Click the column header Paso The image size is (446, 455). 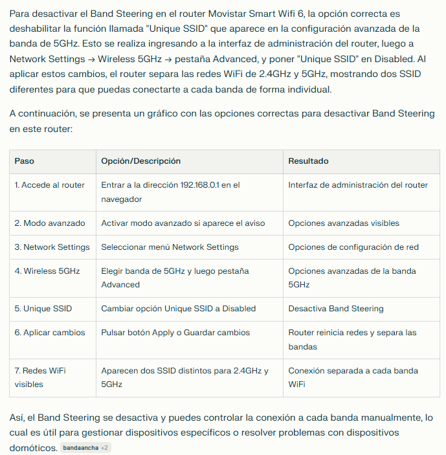coord(25,161)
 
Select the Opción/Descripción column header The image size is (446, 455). coord(140,161)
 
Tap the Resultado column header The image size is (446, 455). coord(308,161)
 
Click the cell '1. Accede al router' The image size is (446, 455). coord(50,185)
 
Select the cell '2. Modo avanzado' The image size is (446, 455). coord(50,223)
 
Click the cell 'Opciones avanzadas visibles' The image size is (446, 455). coord(344,223)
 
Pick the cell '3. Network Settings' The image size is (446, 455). coord(52,247)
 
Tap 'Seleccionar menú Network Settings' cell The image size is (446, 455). coord(170,247)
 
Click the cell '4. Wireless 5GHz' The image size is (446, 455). coord(47,271)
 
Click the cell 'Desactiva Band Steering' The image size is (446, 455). coord(336,309)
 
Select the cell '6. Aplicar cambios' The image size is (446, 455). coord(50,333)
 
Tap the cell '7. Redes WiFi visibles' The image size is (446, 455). coord(40,377)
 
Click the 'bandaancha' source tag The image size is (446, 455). coord(80,448)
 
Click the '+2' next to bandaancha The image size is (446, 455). coord(104,448)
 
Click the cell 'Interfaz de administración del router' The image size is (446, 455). coord(358,185)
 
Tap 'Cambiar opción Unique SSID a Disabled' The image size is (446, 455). coord(179,309)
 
